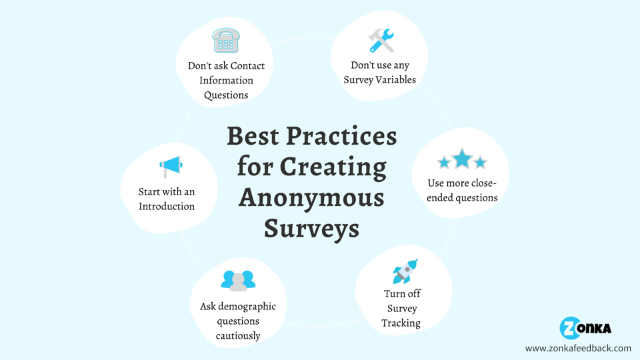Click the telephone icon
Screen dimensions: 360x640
(x=226, y=41)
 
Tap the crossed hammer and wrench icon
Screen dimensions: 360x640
(x=381, y=41)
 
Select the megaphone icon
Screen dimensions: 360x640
(x=171, y=167)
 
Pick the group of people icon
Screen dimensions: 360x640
(x=238, y=281)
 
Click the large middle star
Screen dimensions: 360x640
(x=462, y=159)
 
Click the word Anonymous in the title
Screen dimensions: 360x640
(x=311, y=198)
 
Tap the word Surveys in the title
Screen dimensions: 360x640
(x=311, y=228)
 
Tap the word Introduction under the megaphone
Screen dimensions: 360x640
(x=167, y=207)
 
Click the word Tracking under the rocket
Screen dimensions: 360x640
(x=401, y=323)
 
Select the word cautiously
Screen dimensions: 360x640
(x=238, y=336)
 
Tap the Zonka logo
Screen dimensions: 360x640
(x=585, y=328)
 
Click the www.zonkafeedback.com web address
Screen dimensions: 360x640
(x=578, y=348)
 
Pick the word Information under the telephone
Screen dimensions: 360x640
(x=226, y=81)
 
